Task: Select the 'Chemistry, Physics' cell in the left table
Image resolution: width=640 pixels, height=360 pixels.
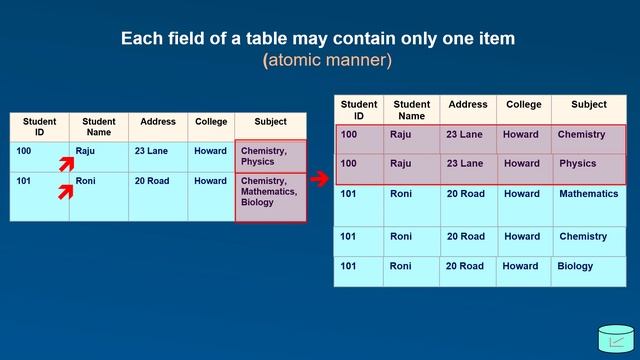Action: click(271, 156)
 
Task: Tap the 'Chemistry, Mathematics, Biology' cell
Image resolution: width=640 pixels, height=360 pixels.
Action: click(271, 198)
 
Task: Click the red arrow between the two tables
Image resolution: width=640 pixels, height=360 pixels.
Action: click(320, 178)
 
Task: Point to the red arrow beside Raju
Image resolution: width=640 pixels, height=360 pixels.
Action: click(67, 164)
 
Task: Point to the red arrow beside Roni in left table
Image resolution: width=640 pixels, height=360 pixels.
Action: click(66, 192)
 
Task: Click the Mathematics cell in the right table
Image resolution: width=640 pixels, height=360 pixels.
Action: click(589, 205)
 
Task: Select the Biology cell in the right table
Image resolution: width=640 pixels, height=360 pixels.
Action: click(589, 271)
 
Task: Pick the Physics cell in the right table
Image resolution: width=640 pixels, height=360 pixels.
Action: click(589, 169)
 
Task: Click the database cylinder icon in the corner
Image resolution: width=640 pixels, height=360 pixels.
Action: click(616, 339)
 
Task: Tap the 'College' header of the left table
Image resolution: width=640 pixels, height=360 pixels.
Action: click(211, 127)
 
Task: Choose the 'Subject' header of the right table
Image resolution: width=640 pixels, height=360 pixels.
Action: click(589, 110)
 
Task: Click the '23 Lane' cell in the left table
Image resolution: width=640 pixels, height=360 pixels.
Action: click(158, 157)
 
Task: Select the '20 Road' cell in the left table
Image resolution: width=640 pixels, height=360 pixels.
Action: click(158, 197)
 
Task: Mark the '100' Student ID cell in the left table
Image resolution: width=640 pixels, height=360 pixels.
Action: click(40, 157)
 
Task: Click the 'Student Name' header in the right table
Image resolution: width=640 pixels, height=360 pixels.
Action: click(411, 110)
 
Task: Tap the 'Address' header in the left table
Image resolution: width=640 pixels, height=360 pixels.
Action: click(158, 127)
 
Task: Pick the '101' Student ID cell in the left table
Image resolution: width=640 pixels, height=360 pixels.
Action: click(40, 197)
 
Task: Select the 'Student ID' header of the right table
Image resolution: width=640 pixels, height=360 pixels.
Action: click(359, 110)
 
